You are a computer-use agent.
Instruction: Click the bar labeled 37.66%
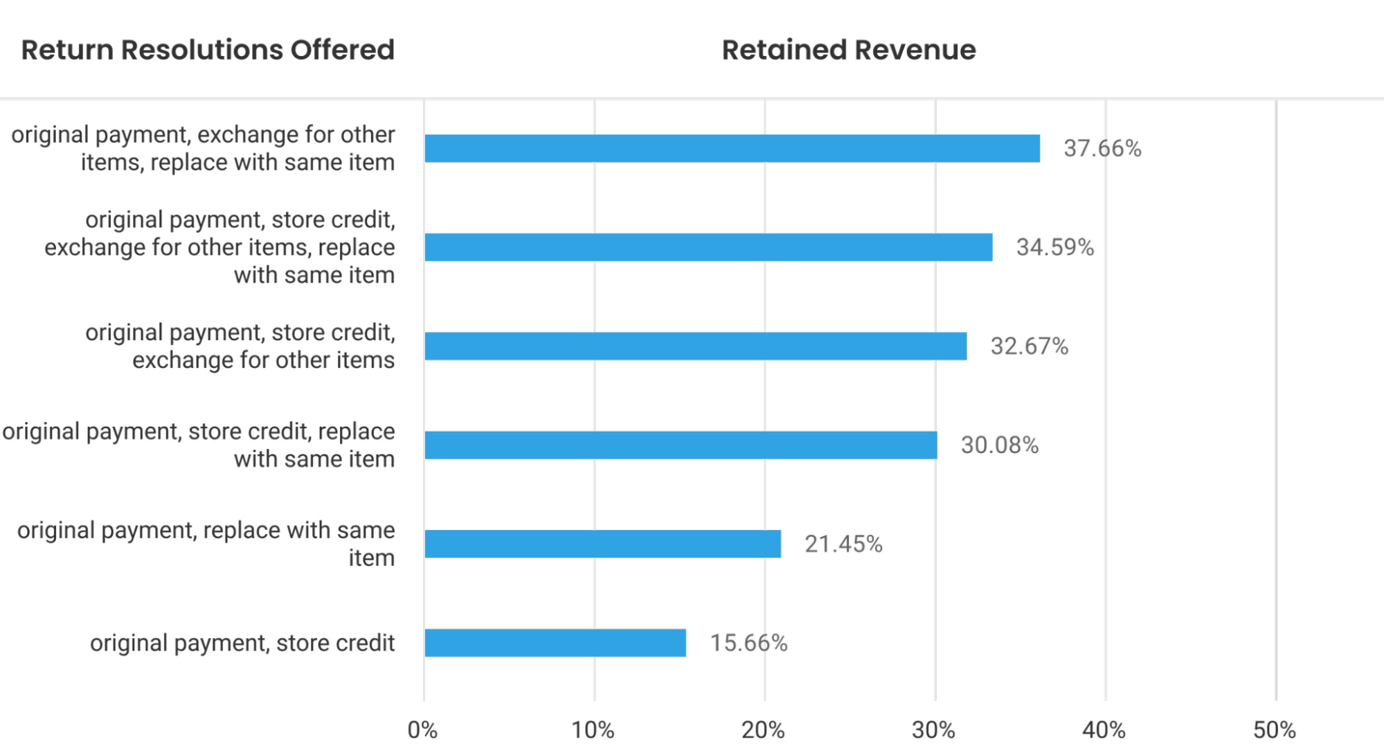pyautogui.click(x=732, y=148)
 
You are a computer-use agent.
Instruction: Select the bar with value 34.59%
pyautogui.click(x=708, y=247)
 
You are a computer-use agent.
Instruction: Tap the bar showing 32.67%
pyautogui.click(x=696, y=346)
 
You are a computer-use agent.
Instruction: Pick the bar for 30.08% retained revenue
pyautogui.click(x=681, y=445)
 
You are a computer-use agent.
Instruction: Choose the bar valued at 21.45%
pyautogui.click(x=602, y=544)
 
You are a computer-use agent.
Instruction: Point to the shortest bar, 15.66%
pyautogui.click(x=555, y=643)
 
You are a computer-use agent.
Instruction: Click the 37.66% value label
pyautogui.click(x=1102, y=148)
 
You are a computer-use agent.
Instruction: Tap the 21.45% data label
pyautogui.click(x=843, y=544)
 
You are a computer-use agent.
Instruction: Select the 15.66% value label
pyautogui.click(x=748, y=643)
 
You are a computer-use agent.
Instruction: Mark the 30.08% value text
pyautogui.click(x=999, y=445)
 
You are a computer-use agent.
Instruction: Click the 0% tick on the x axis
pyautogui.click(x=422, y=729)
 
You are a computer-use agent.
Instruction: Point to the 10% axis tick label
pyautogui.click(x=593, y=729)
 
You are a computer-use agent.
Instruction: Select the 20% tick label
pyautogui.click(x=764, y=729)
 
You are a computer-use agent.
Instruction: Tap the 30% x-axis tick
pyautogui.click(x=934, y=729)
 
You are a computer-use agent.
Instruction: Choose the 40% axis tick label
pyautogui.click(x=1104, y=729)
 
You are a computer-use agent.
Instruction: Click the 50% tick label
pyautogui.click(x=1275, y=729)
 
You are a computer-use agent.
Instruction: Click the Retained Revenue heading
pyautogui.click(x=849, y=50)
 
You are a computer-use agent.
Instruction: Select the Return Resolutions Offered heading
pyautogui.click(x=208, y=50)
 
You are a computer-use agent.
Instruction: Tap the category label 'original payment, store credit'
pyautogui.click(x=242, y=643)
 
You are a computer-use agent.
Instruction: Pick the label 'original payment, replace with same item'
pyautogui.click(x=206, y=544)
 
